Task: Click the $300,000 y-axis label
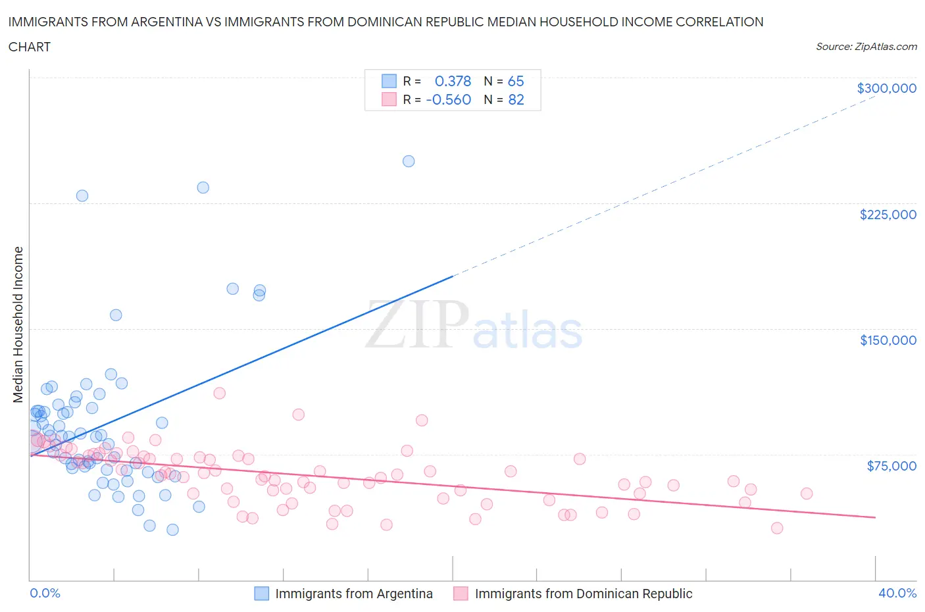[x=886, y=88]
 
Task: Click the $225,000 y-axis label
[x=888, y=215]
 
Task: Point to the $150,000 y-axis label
[x=888, y=340]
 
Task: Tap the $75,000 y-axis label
[x=891, y=466]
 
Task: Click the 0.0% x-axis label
[x=45, y=593]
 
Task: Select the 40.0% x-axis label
[x=897, y=593]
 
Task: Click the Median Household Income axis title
[x=18, y=324]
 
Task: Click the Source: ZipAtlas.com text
[x=866, y=47]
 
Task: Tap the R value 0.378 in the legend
[x=453, y=81]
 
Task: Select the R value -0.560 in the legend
[x=449, y=99]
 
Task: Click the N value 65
[x=516, y=81]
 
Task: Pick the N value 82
[x=516, y=99]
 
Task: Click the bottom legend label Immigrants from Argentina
[x=354, y=594]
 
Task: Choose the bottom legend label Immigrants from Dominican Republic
[x=584, y=594]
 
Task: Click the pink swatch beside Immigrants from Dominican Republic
[x=461, y=594]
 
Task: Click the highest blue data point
[x=409, y=161]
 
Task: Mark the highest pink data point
[x=220, y=393]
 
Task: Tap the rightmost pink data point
[x=807, y=494]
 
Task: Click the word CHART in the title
[x=30, y=47]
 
